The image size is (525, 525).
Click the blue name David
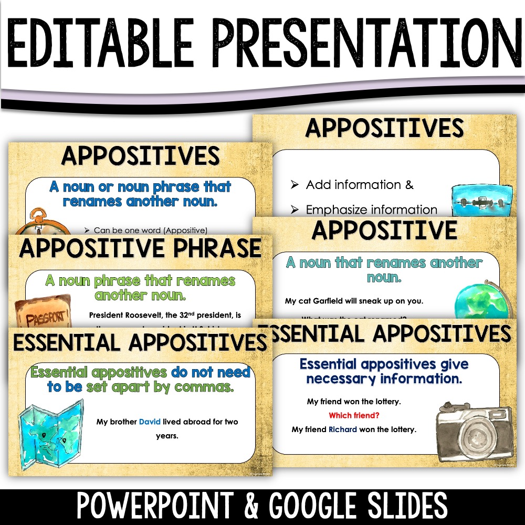[150, 422]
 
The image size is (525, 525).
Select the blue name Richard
[342, 429]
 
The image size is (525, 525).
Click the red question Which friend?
[354, 416]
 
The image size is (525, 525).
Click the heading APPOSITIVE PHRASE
[140, 249]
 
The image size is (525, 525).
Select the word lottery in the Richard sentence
[402, 429]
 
